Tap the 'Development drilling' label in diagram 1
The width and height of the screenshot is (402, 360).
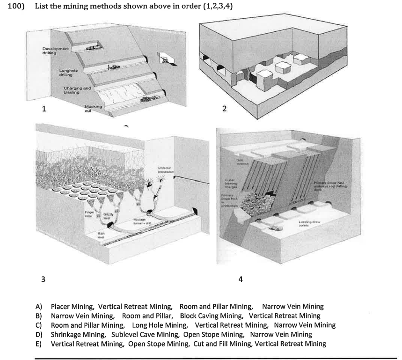coord(55,51)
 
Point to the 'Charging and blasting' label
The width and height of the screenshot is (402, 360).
coord(77,90)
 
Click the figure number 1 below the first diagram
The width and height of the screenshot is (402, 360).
coord(44,109)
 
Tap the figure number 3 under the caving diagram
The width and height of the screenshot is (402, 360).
coord(43,279)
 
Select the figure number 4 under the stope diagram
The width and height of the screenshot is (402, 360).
coord(241,279)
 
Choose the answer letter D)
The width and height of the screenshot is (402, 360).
coord(39,334)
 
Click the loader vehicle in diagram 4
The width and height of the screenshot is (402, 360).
coord(272,229)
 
